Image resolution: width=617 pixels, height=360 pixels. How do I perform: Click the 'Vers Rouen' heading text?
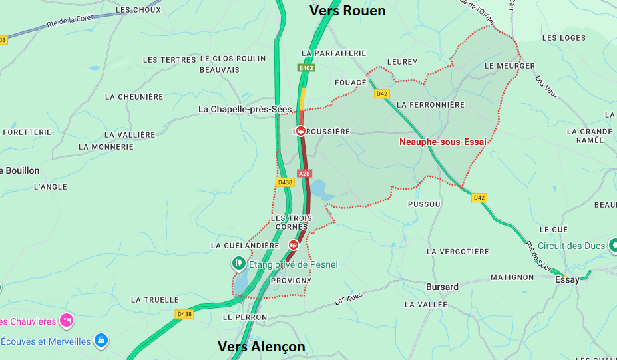[x=347, y=11]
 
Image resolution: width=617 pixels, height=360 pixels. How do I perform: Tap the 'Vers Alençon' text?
[x=262, y=347]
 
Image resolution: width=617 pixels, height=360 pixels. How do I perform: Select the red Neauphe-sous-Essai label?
[x=443, y=142]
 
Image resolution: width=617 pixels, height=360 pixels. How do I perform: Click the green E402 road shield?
[x=307, y=68]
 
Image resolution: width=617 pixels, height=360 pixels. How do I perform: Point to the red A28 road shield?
[x=304, y=174]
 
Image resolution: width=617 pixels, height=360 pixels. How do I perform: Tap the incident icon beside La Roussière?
[x=301, y=131]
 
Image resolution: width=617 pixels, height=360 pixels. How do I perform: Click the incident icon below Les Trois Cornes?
[x=293, y=245]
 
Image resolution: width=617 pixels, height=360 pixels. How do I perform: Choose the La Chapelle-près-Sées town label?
[x=245, y=109]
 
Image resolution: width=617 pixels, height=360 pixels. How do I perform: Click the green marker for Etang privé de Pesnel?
[x=238, y=264]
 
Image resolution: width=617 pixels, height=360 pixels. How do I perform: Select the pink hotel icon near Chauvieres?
[x=66, y=321]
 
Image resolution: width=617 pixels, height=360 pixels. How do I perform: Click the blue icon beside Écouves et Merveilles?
[x=101, y=341]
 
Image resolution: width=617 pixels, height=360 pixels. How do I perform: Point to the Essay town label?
[x=567, y=279]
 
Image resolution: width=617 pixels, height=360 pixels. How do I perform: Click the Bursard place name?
[x=442, y=287]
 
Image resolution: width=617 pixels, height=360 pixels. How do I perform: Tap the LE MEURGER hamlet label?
[x=509, y=66]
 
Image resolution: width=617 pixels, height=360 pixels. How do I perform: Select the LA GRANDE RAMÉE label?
[x=590, y=136]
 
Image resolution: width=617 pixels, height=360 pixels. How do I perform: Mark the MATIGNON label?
[x=512, y=277]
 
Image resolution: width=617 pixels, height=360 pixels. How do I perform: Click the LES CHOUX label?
[x=138, y=10]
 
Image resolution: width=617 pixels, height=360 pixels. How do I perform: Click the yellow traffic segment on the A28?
[x=303, y=98]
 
